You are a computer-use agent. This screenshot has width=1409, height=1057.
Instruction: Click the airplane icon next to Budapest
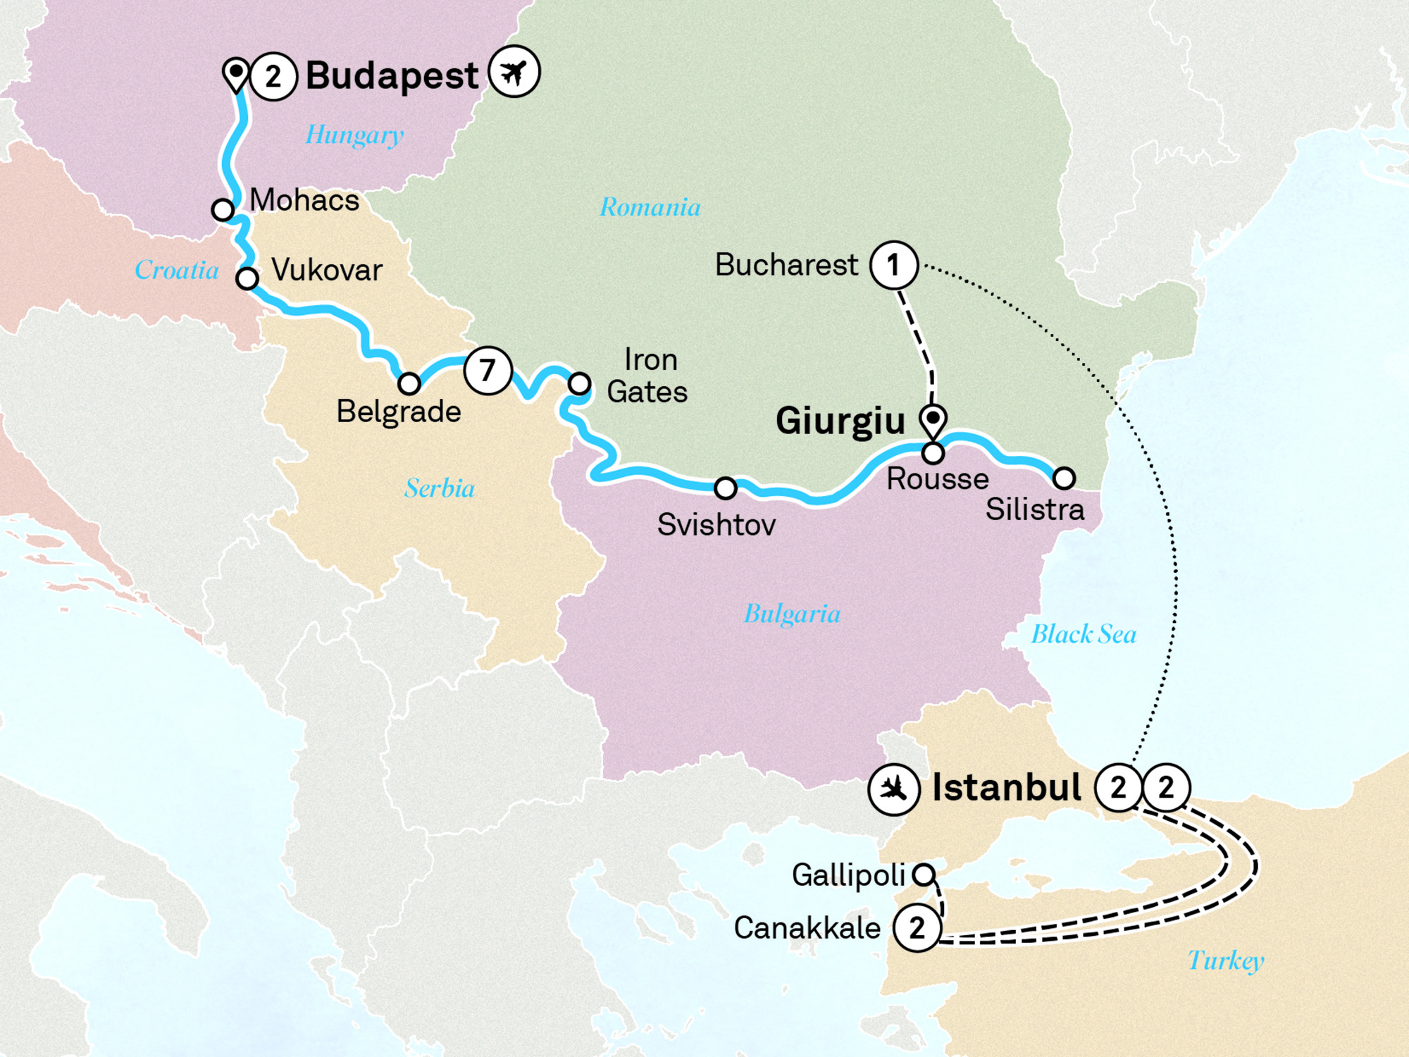coord(514,72)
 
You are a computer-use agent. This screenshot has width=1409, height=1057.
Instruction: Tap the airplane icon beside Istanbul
coord(893,789)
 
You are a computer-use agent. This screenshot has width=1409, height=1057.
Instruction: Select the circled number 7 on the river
coord(488,370)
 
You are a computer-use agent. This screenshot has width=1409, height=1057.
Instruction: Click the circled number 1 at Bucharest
coord(893,266)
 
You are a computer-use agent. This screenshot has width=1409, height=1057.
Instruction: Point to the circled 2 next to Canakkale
coord(917,928)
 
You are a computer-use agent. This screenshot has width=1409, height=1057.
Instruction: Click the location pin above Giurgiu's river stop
coord(933,421)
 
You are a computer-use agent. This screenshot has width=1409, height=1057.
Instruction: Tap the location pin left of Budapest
coord(235,73)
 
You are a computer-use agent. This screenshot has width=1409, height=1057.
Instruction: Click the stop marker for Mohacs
coord(223,209)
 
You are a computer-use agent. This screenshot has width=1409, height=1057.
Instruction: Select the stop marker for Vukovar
coord(247,278)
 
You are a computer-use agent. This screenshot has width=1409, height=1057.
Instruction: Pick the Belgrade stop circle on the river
coord(409,384)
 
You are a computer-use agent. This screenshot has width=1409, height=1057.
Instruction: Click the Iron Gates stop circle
coord(579,383)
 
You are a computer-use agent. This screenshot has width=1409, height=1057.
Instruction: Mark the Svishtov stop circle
coord(726,488)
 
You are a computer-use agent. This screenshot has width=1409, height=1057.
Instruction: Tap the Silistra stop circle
coord(1064,478)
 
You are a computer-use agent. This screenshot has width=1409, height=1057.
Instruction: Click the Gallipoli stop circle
coord(924,874)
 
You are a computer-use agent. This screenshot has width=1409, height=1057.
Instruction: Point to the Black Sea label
coord(1084,634)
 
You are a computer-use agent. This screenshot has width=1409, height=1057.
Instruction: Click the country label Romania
coord(650,207)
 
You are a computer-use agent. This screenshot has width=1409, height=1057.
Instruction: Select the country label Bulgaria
coord(792,614)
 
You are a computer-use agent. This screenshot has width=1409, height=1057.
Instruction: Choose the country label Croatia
coord(177,270)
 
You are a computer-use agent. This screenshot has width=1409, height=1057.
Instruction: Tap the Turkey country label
coord(1225,960)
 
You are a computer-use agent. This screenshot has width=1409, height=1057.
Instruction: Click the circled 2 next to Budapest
coord(273,76)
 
